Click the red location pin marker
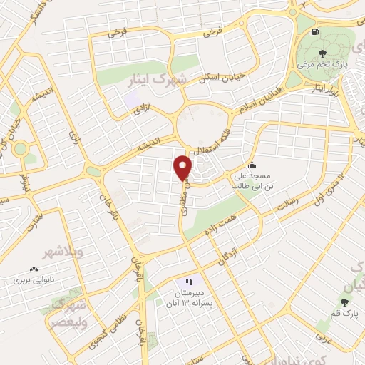184,168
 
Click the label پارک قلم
346,312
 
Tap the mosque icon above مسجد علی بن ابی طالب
250,163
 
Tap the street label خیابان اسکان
220,78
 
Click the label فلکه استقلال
213,139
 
